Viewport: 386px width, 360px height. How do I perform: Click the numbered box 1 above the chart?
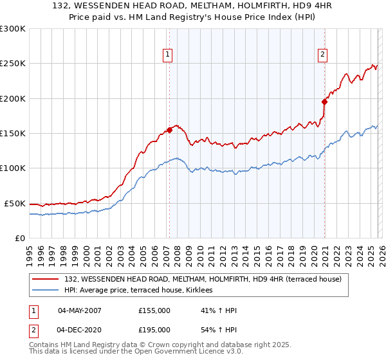[x=167, y=55]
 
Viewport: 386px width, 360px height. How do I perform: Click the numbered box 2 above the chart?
[x=322, y=55]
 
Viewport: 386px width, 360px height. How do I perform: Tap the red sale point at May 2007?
[x=169, y=130]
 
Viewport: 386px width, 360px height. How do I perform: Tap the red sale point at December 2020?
[x=325, y=102]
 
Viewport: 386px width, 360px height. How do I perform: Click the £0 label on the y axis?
[x=20, y=238]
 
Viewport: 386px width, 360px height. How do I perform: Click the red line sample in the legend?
[x=46, y=279]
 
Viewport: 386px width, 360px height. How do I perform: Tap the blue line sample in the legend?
[x=46, y=291]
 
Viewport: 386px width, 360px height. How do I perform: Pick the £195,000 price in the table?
[x=154, y=329]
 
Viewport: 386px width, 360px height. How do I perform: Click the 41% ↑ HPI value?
[x=219, y=311]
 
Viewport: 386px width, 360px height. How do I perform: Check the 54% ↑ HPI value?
[x=219, y=329]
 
